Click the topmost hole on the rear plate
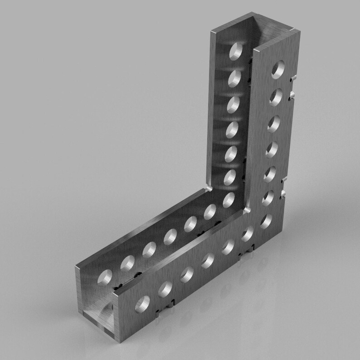(x=236, y=51)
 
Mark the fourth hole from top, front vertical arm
(x=272, y=149)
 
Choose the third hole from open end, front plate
(x=187, y=274)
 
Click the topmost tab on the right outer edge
(x=293, y=78)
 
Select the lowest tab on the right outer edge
(x=284, y=195)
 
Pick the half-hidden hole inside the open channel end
(x=109, y=312)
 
